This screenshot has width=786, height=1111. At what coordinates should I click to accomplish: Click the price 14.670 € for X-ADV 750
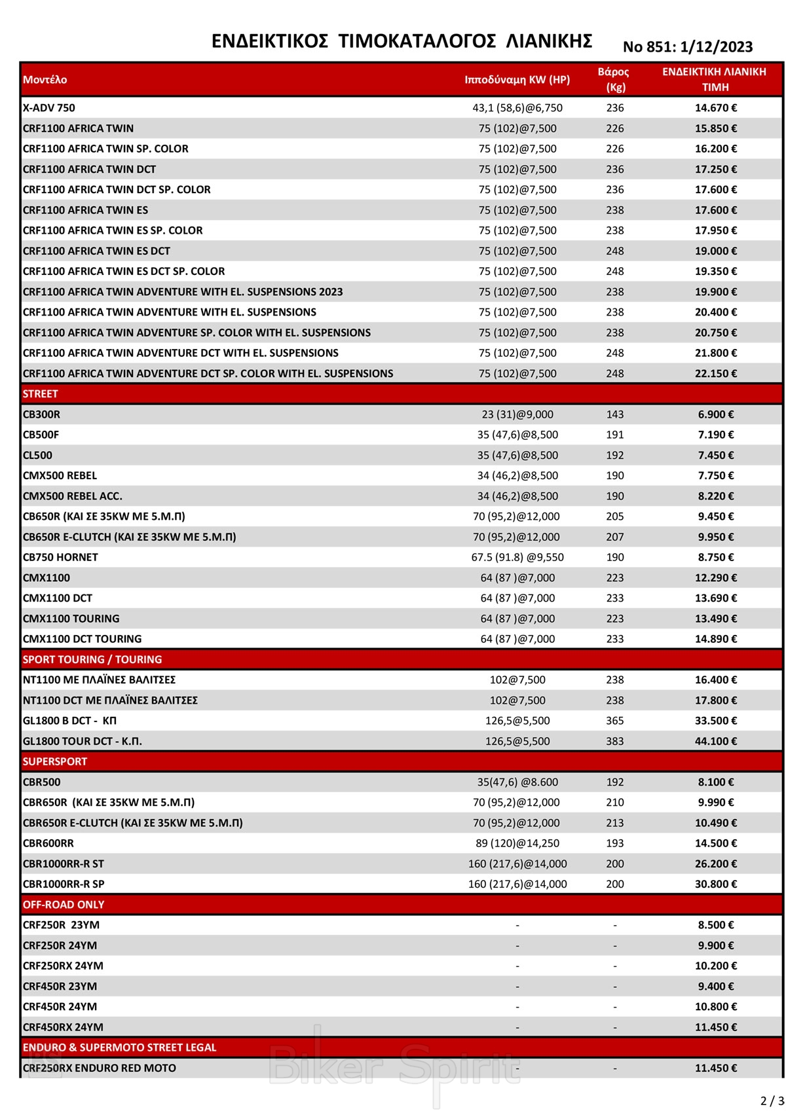tap(715, 108)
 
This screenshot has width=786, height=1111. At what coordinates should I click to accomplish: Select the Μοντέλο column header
tap(45, 80)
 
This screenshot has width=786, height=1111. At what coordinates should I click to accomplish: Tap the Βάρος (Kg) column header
tap(614, 79)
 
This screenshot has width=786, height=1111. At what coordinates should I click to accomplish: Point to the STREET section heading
tap(41, 394)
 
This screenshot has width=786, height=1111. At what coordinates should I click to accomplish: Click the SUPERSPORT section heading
tap(55, 761)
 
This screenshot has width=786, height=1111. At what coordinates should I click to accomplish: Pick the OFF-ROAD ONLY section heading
tap(64, 905)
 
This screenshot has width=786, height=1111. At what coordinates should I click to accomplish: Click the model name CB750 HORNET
tap(60, 557)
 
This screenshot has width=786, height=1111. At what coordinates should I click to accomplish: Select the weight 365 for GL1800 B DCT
tap(615, 721)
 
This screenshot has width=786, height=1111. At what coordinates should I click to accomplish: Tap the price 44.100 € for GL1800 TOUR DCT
tap(715, 741)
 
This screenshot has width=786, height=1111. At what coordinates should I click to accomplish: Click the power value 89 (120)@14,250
tap(517, 843)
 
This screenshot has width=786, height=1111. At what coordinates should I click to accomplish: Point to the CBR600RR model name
tap(48, 843)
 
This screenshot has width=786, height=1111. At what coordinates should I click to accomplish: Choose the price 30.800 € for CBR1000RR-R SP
tap(715, 884)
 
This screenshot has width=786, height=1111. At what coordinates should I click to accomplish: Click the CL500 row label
tap(37, 455)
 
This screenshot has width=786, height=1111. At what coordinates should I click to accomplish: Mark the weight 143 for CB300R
tap(615, 414)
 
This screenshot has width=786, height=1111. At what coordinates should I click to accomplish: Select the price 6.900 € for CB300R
tap(715, 414)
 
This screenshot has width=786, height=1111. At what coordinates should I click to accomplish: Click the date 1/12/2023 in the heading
tap(717, 47)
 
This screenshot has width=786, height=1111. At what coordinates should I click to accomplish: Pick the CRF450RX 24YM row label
tap(63, 1027)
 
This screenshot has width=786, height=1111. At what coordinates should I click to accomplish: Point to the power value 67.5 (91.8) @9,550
tap(517, 557)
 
